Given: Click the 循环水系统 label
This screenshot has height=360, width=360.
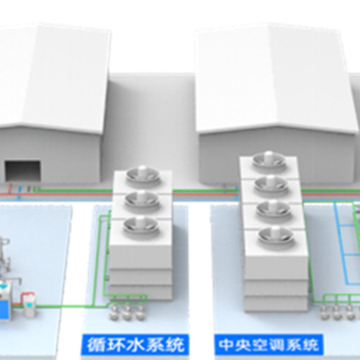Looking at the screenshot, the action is point(135,345).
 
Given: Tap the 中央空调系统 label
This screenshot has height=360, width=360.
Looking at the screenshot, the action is point(269,345).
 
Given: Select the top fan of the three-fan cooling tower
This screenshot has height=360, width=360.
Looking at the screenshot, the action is point(143,175).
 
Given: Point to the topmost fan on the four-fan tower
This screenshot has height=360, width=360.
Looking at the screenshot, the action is point(269,160).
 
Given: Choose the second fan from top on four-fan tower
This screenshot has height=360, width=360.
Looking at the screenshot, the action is point(271,185).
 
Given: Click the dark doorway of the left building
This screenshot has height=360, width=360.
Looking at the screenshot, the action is point(23,171).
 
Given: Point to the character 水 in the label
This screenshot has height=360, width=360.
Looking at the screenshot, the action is point(135,345).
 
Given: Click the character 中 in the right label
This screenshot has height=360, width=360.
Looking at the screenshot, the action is point(226,345).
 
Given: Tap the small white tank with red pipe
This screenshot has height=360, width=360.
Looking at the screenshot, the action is point(30,305).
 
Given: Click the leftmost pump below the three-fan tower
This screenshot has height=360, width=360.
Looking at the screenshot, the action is point(114,312).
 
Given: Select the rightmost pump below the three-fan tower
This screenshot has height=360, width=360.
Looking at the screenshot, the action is point(140,312).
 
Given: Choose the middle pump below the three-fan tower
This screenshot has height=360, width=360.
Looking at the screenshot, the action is point(127,312).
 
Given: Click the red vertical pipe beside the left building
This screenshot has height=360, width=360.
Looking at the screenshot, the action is point(9,189).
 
